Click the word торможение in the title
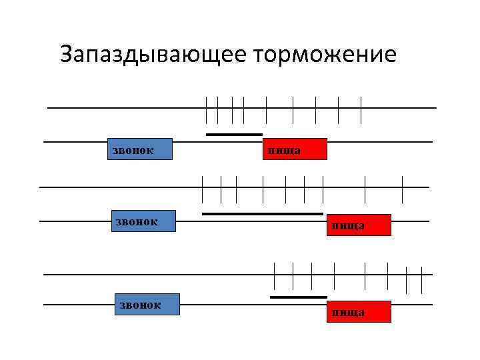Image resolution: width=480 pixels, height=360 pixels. click(325, 53)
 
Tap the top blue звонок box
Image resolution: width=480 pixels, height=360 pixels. click(139, 149)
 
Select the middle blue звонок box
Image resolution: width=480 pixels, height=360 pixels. click(142, 221)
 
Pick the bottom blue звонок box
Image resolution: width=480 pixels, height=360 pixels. click(147, 304)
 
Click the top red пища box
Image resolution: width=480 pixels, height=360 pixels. click(295, 149)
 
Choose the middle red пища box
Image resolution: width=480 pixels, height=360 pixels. click(357, 225)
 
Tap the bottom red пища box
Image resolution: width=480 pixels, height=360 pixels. click(357, 311)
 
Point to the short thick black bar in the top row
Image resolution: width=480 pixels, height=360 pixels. click(234, 135)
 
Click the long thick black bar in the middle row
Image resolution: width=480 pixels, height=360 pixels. click(262, 214)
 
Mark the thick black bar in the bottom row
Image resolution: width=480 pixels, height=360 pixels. click(298, 297)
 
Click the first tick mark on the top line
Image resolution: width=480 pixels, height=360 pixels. click(207, 109)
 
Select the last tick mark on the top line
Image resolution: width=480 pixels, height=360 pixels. click(361, 109)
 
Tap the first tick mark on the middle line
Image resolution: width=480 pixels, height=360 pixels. click(203, 189)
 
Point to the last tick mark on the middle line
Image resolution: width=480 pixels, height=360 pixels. click(403, 189)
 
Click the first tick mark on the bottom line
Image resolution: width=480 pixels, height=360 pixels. click(275, 275)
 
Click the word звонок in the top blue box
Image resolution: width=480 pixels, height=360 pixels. click(131, 150)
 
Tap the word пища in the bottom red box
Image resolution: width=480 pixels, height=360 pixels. click(348, 312)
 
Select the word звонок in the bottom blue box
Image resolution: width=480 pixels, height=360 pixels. click(139, 305)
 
